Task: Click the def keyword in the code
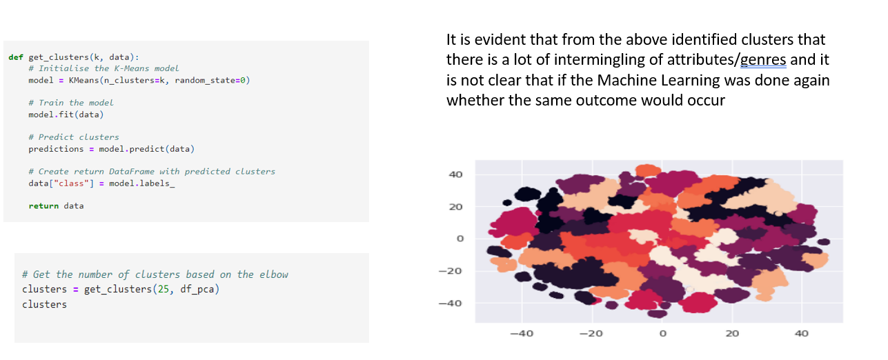pos(16,57)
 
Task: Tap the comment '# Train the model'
pos(71,103)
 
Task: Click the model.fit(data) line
pos(66,115)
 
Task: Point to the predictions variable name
pos(56,149)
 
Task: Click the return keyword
pos(43,206)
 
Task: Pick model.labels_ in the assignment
pos(141,183)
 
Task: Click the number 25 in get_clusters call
pos(163,289)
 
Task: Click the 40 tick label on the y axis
pos(455,174)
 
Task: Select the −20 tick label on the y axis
pos(451,271)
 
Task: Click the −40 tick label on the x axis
pos(522,334)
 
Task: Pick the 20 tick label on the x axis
pos(732,334)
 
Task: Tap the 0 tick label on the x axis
pos(663,334)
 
